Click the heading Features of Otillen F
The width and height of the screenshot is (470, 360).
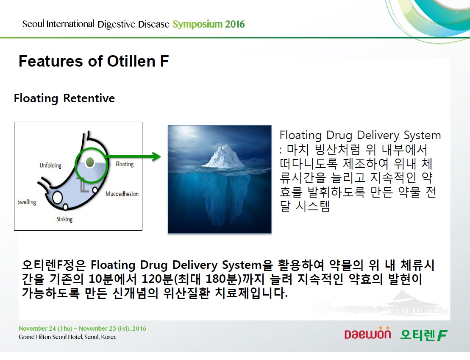click(x=94, y=61)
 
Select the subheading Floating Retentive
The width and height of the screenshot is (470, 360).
click(x=64, y=98)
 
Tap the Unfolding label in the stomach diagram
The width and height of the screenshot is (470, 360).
click(x=50, y=165)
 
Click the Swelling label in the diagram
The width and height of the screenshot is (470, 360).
click(x=27, y=202)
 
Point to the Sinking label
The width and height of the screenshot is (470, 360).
click(x=64, y=219)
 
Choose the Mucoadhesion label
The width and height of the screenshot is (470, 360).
click(x=122, y=194)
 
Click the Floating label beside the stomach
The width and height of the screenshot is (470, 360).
click(x=125, y=164)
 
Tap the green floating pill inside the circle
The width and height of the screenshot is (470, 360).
click(x=90, y=162)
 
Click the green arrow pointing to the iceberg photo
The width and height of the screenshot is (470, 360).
click(x=133, y=156)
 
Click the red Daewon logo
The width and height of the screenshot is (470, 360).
click(x=367, y=333)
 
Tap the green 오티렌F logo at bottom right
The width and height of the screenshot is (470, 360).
click(x=424, y=335)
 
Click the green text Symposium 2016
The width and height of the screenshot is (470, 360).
click(x=209, y=24)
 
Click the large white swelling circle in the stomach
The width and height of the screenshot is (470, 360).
click(x=57, y=198)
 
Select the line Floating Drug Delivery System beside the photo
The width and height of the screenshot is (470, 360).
click(x=360, y=136)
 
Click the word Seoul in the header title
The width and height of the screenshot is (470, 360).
click(x=33, y=24)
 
